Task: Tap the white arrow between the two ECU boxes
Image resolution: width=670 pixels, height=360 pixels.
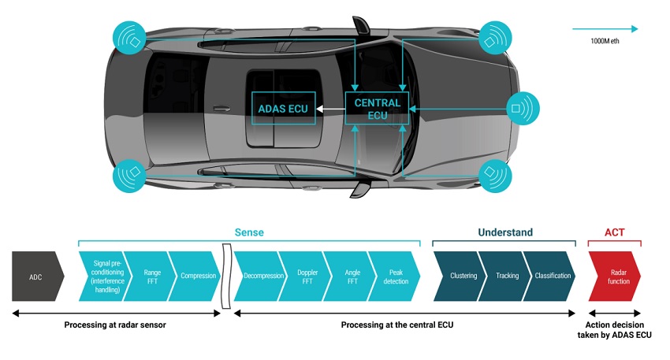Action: [x=330, y=109]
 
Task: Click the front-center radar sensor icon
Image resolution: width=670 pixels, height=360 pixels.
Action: [x=523, y=109]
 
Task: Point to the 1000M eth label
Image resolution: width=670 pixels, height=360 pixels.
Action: [x=605, y=41]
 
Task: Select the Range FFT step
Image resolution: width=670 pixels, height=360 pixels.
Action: [x=151, y=276]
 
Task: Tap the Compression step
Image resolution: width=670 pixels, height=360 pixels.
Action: [x=196, y=276]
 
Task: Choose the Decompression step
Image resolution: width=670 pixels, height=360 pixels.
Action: [x=262, y=276]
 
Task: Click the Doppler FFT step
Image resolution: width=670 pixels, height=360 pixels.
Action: [x=307, y=276]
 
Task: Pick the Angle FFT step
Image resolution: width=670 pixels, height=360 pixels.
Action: [x=352, y=276]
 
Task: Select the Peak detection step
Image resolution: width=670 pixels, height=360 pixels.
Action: [x=395, y=276]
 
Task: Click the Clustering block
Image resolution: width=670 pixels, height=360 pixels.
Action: [x=461, y=276]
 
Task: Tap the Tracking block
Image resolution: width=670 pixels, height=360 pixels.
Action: [x=506, y=276]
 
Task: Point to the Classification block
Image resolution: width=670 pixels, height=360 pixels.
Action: [x=551, y=276]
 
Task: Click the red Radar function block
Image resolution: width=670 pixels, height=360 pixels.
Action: [x=616, y=276]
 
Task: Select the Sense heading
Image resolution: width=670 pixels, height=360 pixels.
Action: [x=249, y=232]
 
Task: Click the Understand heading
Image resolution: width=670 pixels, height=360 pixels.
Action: [x=505, y=232]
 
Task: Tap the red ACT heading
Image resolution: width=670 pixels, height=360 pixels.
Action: [x=615, y=232]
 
